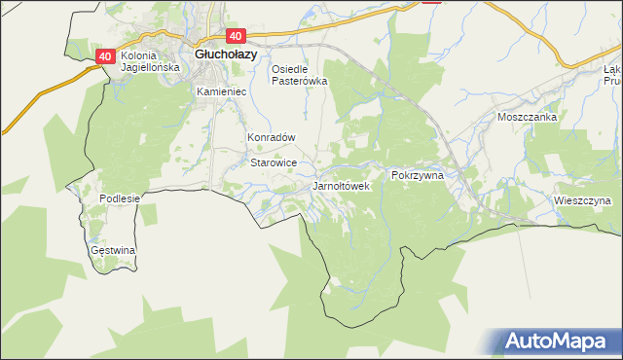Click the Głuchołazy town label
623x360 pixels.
coord(226,55)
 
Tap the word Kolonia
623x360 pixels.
coord(139,55)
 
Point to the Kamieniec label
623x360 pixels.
coord(220,91)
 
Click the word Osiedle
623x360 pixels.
coord(289,69)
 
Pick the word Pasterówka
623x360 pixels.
coord(300,82)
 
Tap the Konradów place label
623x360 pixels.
coord(271,138)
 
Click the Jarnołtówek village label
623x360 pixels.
coord(341,185)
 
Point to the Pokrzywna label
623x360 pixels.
coord(418,175)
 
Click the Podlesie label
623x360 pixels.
coord(120,198)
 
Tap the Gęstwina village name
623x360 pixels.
coord(113,250)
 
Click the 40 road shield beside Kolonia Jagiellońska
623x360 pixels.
coord(106,56)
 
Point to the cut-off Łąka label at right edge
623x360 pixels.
coord(612,70)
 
